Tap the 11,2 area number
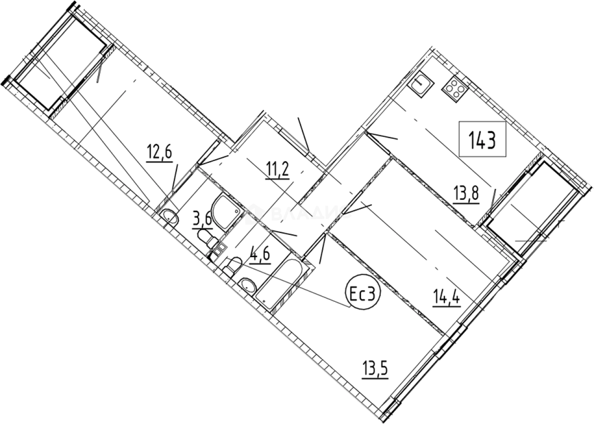[x=278, y=171]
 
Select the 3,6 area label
[x=202, y=220]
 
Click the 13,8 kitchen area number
[x=466, y=194]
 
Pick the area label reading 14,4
[x=446, y=298]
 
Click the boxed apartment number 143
[x=482, y=140]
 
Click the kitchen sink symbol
[x=420, y=85]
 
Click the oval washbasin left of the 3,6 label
[x=169, y=218]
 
